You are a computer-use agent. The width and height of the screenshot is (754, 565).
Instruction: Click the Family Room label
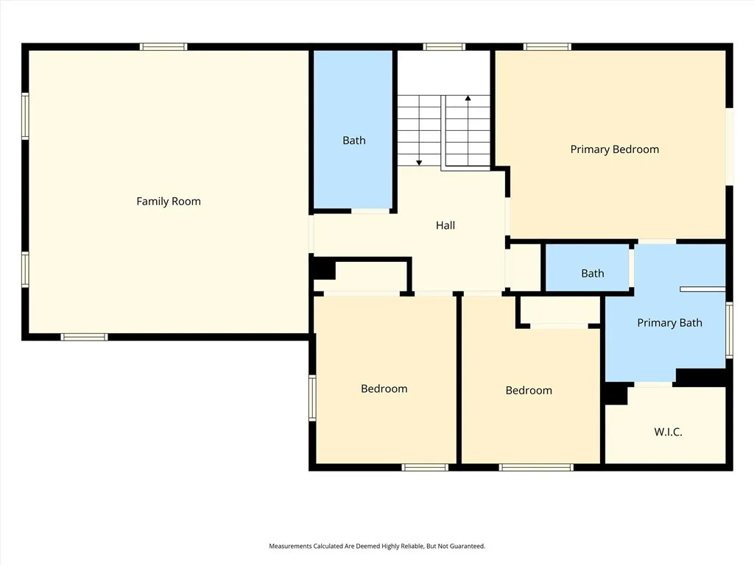(x=168, y=201)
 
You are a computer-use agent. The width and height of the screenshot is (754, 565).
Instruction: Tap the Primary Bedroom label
(x=614, y=149)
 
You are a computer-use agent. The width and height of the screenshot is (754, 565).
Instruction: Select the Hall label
(x=445, y=225)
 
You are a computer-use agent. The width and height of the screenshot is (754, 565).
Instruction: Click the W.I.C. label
(x=668, y=432)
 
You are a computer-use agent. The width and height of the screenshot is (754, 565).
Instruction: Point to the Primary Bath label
(x=669, y=322)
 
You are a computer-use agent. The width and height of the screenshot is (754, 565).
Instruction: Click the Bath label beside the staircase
(x=353, y=141)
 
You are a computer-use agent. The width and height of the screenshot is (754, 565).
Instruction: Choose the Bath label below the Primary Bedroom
(x=592, y=273)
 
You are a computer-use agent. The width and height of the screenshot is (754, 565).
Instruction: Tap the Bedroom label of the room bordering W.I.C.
(x=528, y=390)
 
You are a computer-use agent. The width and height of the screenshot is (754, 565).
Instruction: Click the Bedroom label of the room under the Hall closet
(x=384, y=388)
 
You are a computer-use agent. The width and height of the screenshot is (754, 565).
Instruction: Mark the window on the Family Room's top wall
(x=163, y=47)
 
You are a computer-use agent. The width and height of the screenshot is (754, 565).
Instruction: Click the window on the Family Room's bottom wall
(x=84, y=337)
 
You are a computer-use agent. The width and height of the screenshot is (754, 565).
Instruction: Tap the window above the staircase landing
(x=444, y=47)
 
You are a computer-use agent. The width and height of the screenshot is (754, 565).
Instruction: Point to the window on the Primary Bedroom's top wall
(x=547, y=47)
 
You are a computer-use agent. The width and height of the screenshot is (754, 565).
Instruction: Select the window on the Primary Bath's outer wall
(x=729, y=330)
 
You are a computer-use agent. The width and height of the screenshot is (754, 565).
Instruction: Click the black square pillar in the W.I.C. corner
(x=615, y=394)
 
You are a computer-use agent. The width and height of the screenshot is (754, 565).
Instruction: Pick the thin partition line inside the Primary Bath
(x=702, y=289)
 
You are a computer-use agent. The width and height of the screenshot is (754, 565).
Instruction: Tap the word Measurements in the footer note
(x=292, y=546)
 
